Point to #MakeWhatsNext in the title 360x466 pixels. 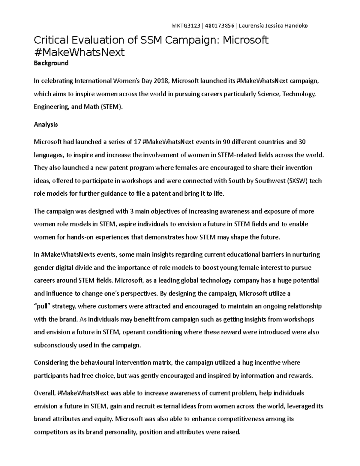click(79, 52)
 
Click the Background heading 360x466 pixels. click(51, 63)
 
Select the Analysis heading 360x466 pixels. click(46, 124)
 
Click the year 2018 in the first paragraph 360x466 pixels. click(161, 81)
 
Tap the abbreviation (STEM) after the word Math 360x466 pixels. click(112, 107)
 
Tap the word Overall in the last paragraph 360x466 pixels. click(44, 393)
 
